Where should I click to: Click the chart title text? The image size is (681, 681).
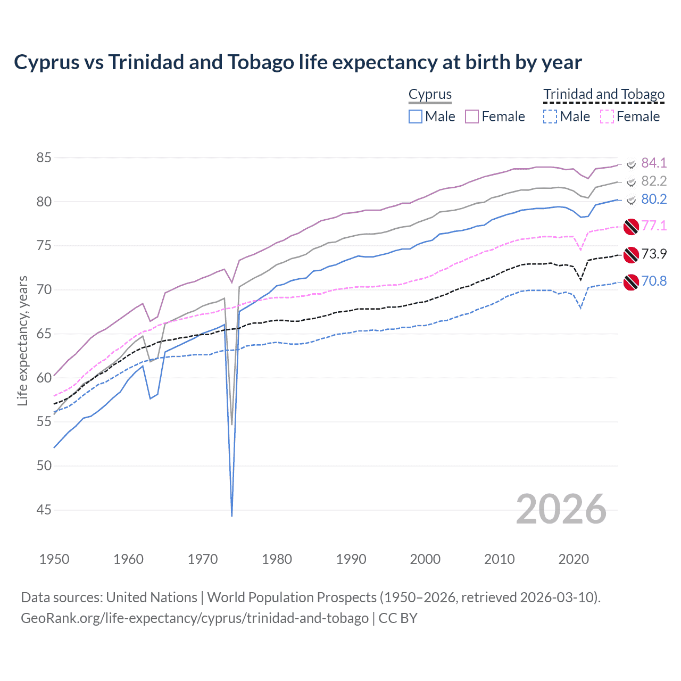298,62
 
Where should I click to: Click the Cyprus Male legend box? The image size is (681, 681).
416,117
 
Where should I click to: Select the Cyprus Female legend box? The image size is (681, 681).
472,117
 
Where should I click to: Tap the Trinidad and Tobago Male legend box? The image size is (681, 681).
550,117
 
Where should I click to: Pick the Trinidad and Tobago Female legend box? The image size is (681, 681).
607,117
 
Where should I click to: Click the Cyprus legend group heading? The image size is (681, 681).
430,95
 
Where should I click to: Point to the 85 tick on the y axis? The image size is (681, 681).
44,158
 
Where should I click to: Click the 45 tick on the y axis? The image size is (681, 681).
44,510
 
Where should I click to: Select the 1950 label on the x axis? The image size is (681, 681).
54,559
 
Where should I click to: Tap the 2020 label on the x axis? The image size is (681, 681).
574,559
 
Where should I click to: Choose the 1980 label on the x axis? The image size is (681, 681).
277,559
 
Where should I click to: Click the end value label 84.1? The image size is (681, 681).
654,163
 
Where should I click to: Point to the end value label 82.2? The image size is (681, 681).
654,181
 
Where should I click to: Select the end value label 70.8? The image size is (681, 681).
654,281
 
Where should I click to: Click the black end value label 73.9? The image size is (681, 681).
654,254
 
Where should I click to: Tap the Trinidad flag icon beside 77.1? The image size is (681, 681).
631,226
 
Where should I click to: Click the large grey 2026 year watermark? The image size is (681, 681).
561,509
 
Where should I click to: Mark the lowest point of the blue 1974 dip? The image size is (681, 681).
232,516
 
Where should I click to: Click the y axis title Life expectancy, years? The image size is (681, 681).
23,340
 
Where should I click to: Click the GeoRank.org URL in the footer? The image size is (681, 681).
195,618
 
